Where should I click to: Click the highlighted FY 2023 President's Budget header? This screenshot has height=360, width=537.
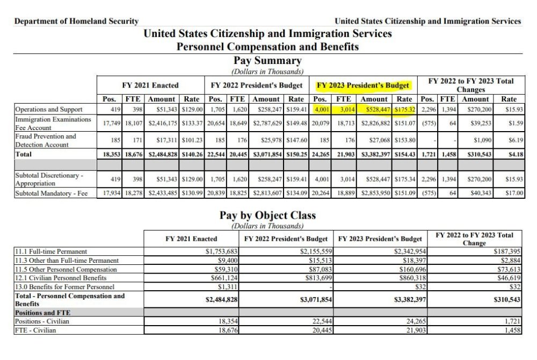(363, 85)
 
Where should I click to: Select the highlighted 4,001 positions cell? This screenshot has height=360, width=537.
(321, 110)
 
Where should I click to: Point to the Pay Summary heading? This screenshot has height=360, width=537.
(267, 61)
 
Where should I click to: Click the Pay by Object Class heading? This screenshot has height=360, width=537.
(267, 215)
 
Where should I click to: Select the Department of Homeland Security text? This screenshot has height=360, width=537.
(76, 21)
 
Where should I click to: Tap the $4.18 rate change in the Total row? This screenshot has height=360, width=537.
(514, 155)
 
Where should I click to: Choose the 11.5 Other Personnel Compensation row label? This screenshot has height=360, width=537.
(65, 269)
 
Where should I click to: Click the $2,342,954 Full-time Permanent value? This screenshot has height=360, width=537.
(408, 251)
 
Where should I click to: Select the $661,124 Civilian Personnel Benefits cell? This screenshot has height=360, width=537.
(222, 278)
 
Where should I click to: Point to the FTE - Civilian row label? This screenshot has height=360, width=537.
(35, 330)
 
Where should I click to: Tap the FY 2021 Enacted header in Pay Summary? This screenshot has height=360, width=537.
(150, 85)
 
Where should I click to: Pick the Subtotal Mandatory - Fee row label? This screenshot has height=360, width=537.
(51, 193)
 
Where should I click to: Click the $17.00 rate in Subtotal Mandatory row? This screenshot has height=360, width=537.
(514, 193)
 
